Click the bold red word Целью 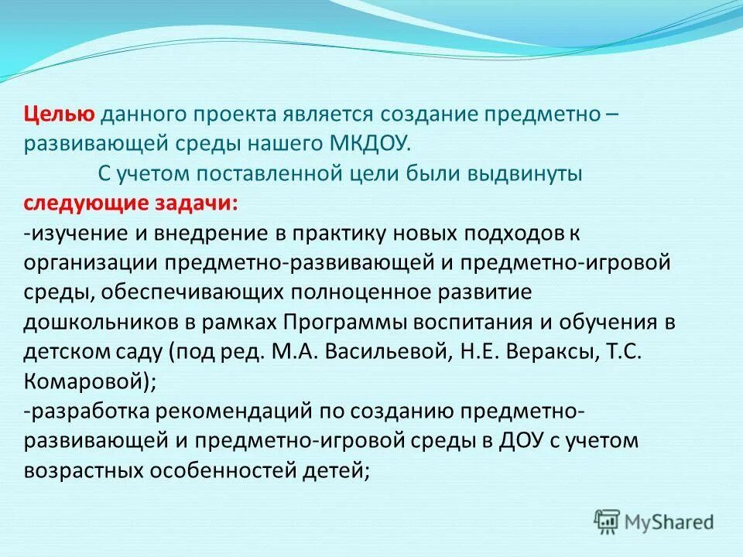(x=59, y=115)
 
